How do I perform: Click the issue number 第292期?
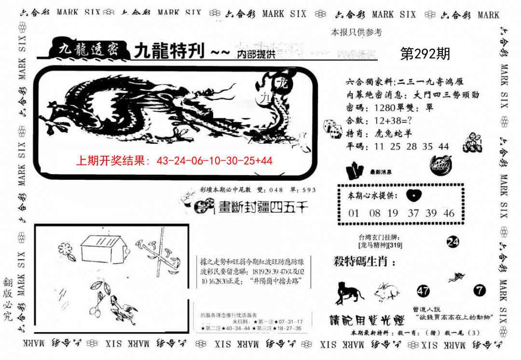click(425, 54)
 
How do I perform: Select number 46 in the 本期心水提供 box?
click(449, 213)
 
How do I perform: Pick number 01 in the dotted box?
click(354, 213)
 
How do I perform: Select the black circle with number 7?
click(479, 291)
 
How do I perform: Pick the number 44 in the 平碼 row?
click(443, 146)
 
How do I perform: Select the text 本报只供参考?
click(356, 32)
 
